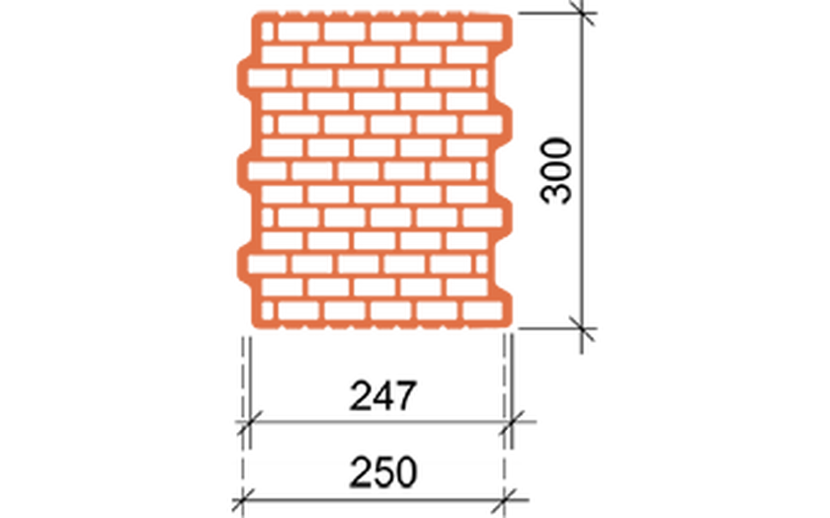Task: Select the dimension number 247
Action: point(382,395)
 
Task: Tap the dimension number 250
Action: point(382,472)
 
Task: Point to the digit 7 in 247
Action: point(405,395)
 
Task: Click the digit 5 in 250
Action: point(382,472)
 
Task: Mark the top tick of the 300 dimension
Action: point(582,13)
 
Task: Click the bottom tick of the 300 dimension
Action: point(582,328)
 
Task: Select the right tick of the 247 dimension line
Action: point(512,422)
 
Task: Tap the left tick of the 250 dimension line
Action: point(243,499)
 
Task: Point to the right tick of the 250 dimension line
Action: point(505,499)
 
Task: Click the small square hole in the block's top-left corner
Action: point(268,32)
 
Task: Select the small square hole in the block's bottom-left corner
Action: point(268,311)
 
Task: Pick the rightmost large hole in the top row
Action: point(482,32)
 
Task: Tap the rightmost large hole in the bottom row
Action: point(482,311)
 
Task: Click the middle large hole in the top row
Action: point(390,32)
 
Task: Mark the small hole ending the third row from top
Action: point(481,78)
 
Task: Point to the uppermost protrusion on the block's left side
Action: point(245,78)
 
